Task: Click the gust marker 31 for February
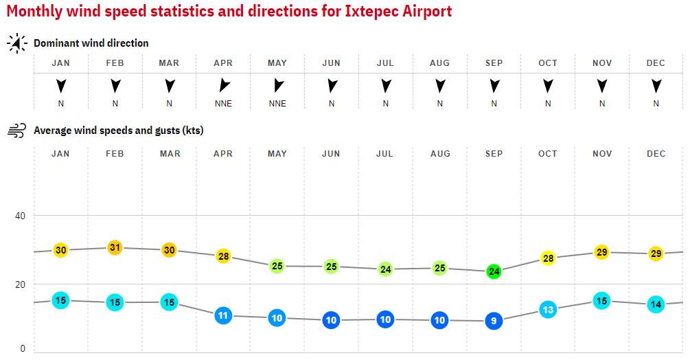pos(115,247)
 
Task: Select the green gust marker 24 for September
pos(494,271)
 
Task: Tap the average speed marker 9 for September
pos(494,321)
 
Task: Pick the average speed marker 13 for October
pos(548,310)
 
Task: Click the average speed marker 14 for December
pos(656,304)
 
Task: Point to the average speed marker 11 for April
pos(223,316)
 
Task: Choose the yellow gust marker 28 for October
pos(548,258)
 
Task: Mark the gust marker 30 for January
pos(60,250)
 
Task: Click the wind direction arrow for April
pos(223,86)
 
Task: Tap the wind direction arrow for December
pos(656,86)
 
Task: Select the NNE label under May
pos(277,104)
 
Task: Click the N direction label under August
pos(439,104)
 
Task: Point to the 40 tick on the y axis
pos(21,216)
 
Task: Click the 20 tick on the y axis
pos(21,284)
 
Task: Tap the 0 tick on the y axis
pos(23,348)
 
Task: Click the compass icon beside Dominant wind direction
pos(16,43)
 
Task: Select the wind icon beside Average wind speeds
pos(16,131)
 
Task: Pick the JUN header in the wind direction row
pos(332,63)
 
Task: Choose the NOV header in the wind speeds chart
pos(602,154)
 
